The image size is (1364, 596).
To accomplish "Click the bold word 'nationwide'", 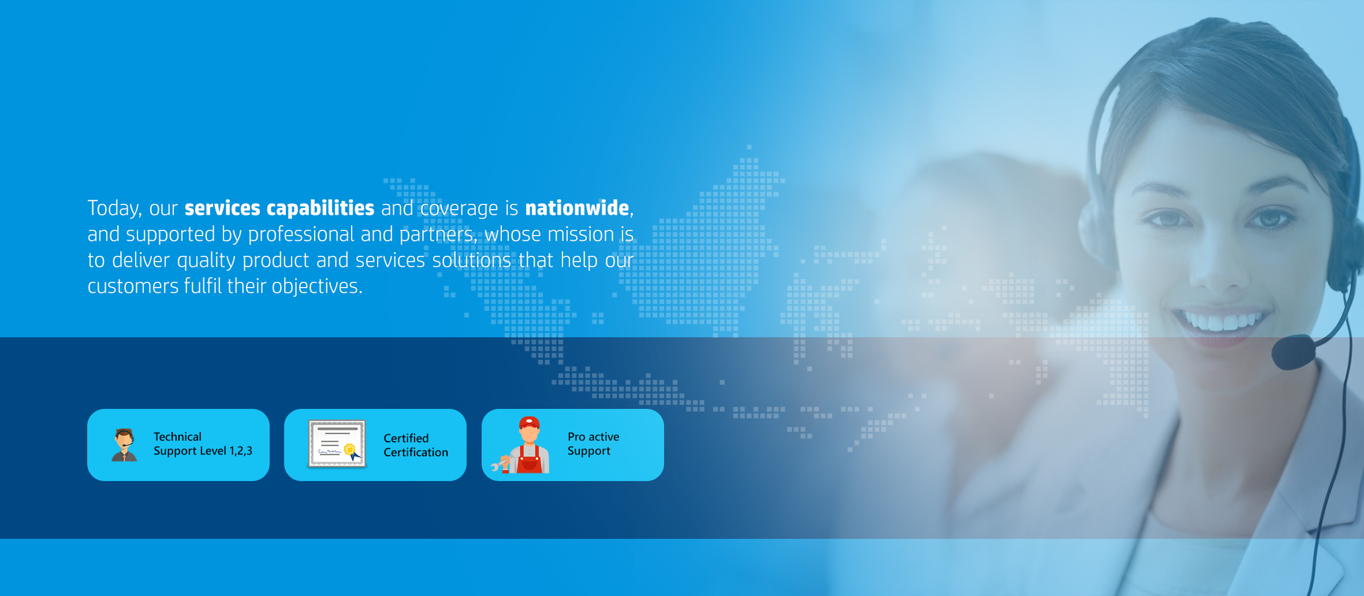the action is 577,208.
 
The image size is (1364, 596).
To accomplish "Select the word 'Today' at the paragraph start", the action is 114,208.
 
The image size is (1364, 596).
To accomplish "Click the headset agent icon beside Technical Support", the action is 124,445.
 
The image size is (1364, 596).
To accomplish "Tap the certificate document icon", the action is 337,444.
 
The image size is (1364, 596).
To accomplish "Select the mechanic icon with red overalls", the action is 523,445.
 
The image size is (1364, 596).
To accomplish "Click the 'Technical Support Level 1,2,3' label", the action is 203,444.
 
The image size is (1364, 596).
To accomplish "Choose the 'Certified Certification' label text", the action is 416,445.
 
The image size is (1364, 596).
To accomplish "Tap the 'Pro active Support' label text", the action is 593,444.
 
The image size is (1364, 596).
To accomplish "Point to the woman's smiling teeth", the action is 1220,321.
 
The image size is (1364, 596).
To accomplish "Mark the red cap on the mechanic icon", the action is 529,422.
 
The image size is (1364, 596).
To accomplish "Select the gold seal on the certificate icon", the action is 349,449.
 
